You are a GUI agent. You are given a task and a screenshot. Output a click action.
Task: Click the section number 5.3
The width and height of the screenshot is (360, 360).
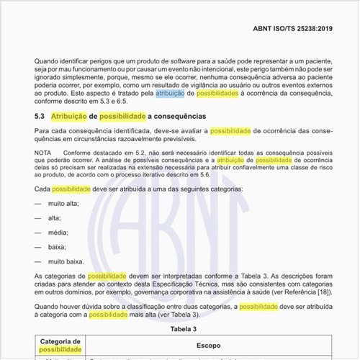[x=40, y=116]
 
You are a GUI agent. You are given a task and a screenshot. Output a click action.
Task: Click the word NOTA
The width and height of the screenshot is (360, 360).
[x=45, y=153]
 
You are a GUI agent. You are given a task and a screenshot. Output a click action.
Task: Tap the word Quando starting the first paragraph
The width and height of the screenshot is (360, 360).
[x=49, y=62]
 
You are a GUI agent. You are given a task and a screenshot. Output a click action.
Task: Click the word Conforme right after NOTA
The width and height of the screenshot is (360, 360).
[x=81, y=153]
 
